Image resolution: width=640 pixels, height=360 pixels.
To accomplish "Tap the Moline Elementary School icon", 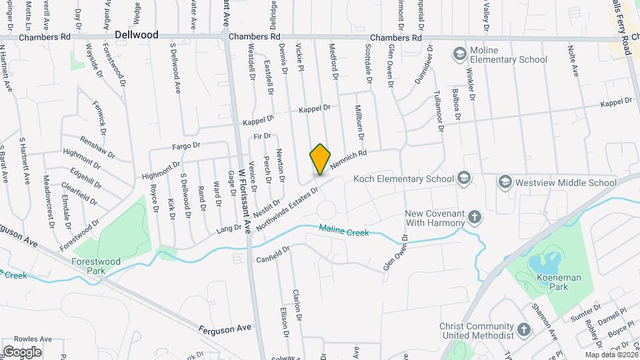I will pyautogui.click(x=459, y=53).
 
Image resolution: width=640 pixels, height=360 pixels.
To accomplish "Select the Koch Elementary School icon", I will pyautogui.click(x=464, y=179).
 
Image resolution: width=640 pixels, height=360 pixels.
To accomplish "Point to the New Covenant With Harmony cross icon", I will pyautogui.click(x=474, y=216).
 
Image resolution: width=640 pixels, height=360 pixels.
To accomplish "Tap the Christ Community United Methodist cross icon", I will pyautogui.click(x=523, y=329).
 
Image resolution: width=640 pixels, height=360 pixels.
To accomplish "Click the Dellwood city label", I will pyautogui.click(x=136, y=34).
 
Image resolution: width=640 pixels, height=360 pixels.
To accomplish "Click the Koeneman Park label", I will pyautogui.click(x=549, y=287).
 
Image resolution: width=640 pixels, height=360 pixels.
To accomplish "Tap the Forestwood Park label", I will pyautogui.click(x=97, y=266).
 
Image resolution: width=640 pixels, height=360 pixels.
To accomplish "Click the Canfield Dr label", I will pyautogui.click(x=273, y=254).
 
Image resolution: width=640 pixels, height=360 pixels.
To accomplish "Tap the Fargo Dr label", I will pyautogui.click(x=187, y=145).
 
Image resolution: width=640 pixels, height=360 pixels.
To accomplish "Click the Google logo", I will pyautogui.click(x=22, y=351).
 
